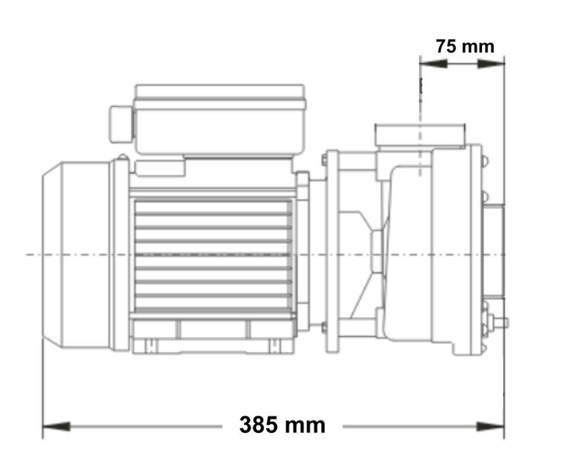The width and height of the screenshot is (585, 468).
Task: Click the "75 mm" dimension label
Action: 465,46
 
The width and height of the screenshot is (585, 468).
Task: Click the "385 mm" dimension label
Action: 282,425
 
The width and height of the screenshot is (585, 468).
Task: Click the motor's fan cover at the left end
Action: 76,254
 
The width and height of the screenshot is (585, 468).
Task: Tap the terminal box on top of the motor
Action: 219,118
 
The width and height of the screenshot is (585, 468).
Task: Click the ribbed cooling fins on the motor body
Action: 212,253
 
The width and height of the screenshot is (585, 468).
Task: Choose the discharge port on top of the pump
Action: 420,134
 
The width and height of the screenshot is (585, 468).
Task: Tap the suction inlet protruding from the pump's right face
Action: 493,254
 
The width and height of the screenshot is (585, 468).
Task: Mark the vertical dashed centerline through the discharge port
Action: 420,117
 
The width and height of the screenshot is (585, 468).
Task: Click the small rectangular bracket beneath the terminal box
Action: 160,166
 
